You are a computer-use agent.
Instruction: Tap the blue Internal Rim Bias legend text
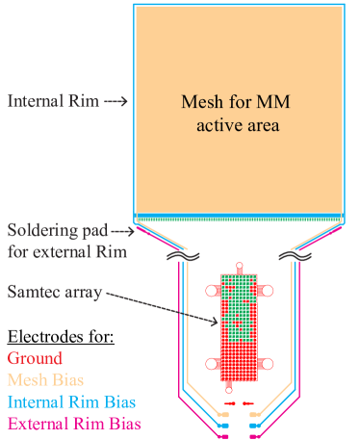(70, 401)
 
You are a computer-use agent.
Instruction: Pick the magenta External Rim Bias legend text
(73, 423)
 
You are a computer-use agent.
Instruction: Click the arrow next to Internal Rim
(115, 100)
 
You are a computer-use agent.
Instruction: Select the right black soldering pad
(292, 256)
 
